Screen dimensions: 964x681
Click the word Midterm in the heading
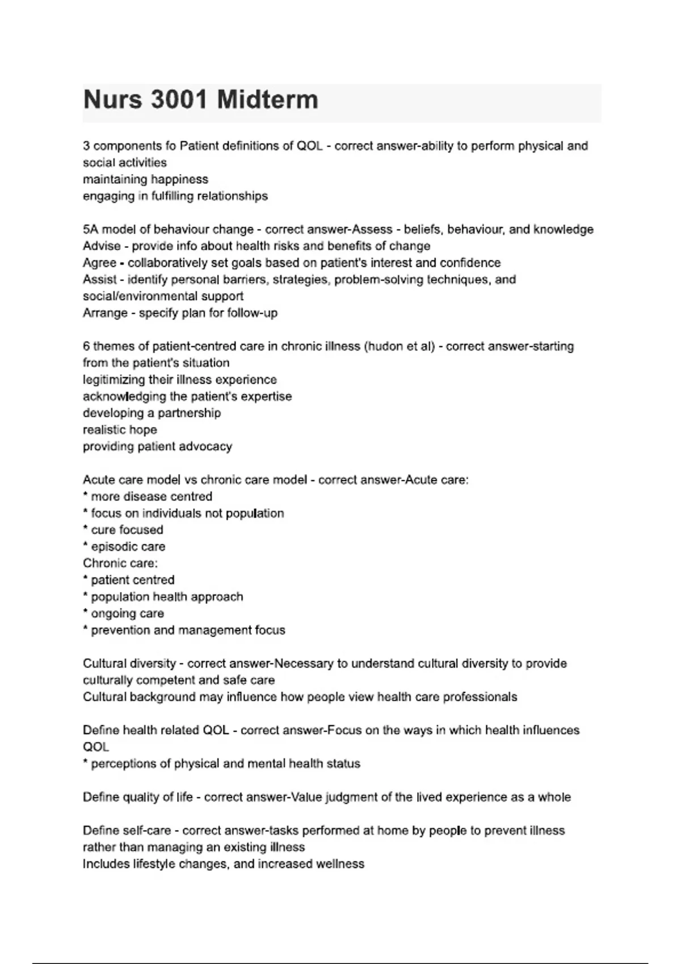pos(267,100)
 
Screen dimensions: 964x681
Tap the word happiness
pos(179,179)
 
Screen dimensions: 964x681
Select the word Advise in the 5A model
pos(102,246)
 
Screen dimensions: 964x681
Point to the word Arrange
pos(105,313)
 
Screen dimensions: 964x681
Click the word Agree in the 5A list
pos(99,263)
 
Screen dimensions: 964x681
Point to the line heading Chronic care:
pos(120,563)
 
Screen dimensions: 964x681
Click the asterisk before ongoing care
pos(85,612)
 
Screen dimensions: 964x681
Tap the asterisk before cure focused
pos(85,528)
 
